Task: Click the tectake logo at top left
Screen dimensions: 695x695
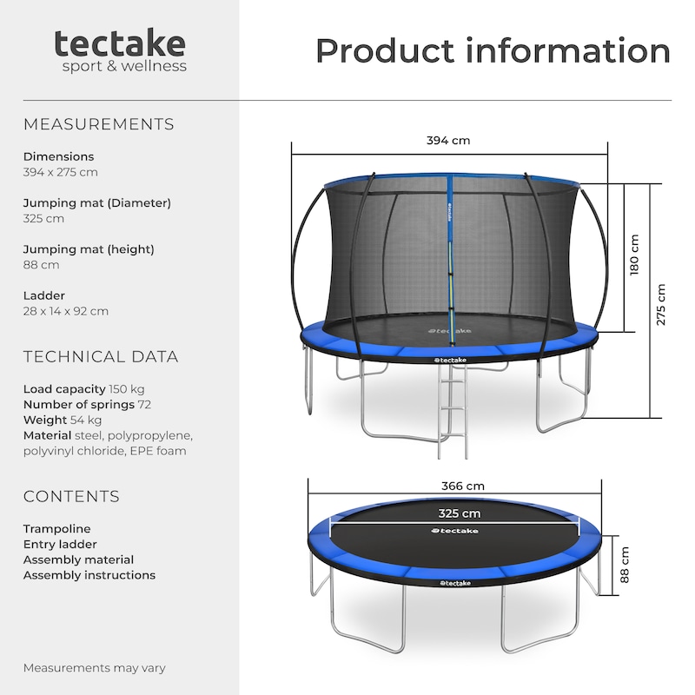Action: pos(120,50)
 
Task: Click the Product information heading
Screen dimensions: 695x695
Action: pos(493,50)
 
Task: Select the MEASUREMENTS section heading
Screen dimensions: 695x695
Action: pos(98,124)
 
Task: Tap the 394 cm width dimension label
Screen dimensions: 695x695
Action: pos(448,141)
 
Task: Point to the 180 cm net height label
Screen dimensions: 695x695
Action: pos(634,255)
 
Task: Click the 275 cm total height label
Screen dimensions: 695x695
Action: pos(662,304)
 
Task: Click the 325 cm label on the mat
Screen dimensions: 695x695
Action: pos(459,513)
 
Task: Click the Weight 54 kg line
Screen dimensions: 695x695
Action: pos(63,420)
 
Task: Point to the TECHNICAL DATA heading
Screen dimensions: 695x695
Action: pos(101,356)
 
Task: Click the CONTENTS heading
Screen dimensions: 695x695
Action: pos(71,496)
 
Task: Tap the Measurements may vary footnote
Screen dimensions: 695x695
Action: pos(94,668)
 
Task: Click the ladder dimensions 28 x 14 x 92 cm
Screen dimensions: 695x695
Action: pos(66,311)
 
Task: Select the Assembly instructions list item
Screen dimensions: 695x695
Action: pos(89,575)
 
